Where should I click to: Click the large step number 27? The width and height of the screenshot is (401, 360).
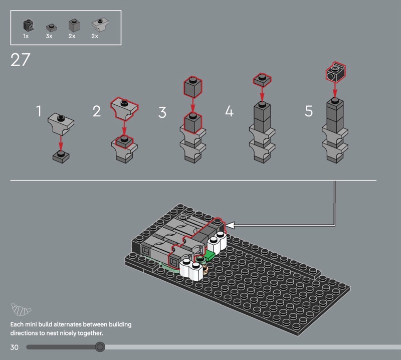(20, 60)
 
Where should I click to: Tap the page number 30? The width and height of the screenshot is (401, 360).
(15, 347)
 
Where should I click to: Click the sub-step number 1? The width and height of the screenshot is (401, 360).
(39, 111)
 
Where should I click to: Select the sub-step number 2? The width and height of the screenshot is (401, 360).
(97, 111)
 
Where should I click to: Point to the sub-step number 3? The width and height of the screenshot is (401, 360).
(162, 112)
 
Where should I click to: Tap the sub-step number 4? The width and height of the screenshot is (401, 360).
(229, 111)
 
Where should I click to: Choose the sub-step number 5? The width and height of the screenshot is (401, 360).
(309, 111)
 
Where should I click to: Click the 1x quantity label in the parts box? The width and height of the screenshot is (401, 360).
(26, 36)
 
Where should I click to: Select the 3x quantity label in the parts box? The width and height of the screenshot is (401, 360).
(49, 36)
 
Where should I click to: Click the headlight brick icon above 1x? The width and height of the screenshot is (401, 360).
(29, 25)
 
